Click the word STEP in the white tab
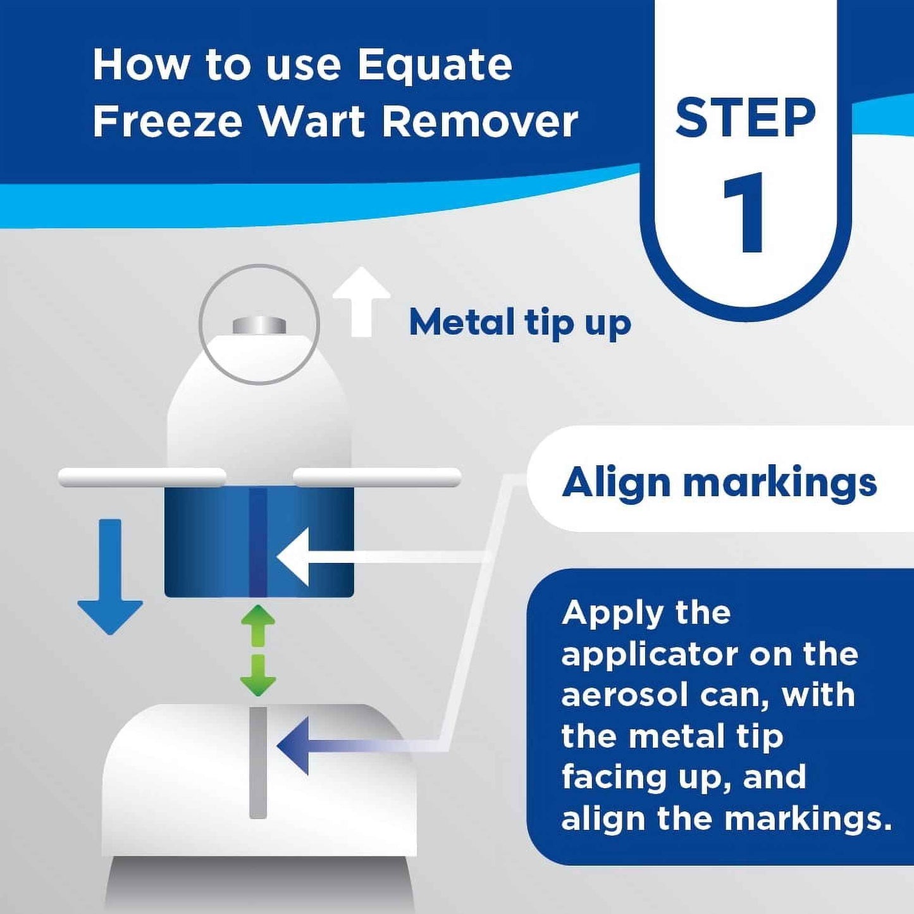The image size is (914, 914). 745,118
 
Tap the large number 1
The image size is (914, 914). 745,213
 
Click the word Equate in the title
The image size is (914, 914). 435,65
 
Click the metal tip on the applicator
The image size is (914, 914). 259,326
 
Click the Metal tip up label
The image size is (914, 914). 519,323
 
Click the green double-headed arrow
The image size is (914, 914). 258,650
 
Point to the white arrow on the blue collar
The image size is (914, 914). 295,557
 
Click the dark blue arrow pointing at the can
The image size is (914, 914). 296,746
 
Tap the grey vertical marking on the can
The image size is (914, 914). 257,762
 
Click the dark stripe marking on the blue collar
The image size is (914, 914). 257,542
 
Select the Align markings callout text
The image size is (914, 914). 719,483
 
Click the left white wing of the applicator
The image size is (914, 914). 142,478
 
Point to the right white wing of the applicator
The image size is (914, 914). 377,478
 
